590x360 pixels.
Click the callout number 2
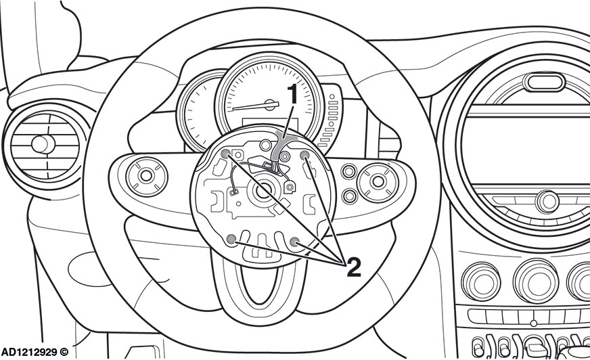354,267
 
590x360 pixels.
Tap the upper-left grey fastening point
225,154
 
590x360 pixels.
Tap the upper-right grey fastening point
304,154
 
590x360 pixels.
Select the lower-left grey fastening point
232,238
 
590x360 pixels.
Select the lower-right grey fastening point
295,242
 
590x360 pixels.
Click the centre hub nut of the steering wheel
263,190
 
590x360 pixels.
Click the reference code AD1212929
29,352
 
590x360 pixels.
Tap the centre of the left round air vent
43,144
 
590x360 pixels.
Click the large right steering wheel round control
378,182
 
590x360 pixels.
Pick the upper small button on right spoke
349,171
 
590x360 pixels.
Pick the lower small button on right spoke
350,196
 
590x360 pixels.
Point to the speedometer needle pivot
270,105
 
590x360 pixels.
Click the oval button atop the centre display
544,82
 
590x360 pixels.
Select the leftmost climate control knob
481,282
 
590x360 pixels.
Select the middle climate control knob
536,282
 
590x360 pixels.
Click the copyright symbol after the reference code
64,352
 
